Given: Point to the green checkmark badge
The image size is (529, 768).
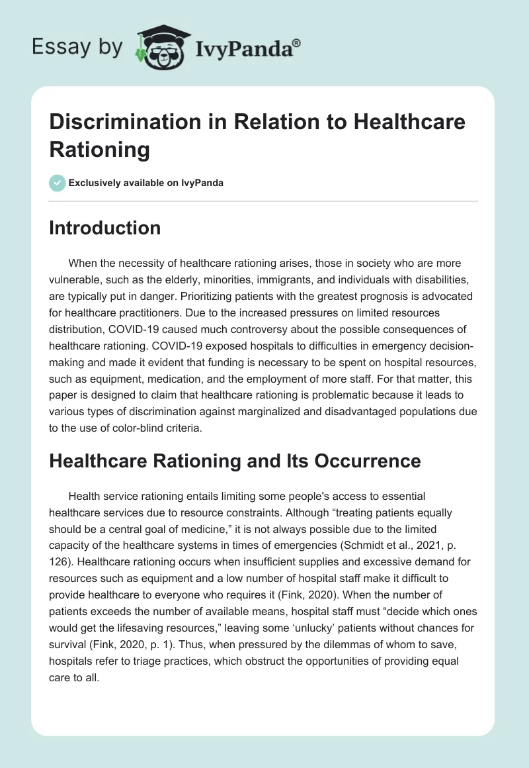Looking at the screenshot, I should (58, 183).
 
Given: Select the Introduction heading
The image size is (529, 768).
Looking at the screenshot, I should (105, 228).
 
